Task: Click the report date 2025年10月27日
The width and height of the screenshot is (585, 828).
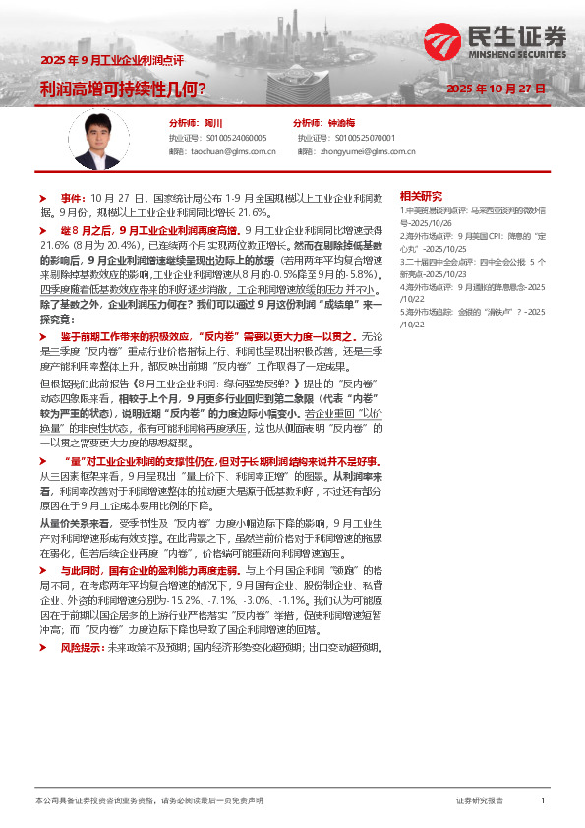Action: pyautogui.click(x=496, y=88)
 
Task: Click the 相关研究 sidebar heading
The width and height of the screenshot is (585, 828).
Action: pyautogui.click(x=420, y=196)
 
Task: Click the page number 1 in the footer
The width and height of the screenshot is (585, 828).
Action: pyautogui.click(x=542, y=801)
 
